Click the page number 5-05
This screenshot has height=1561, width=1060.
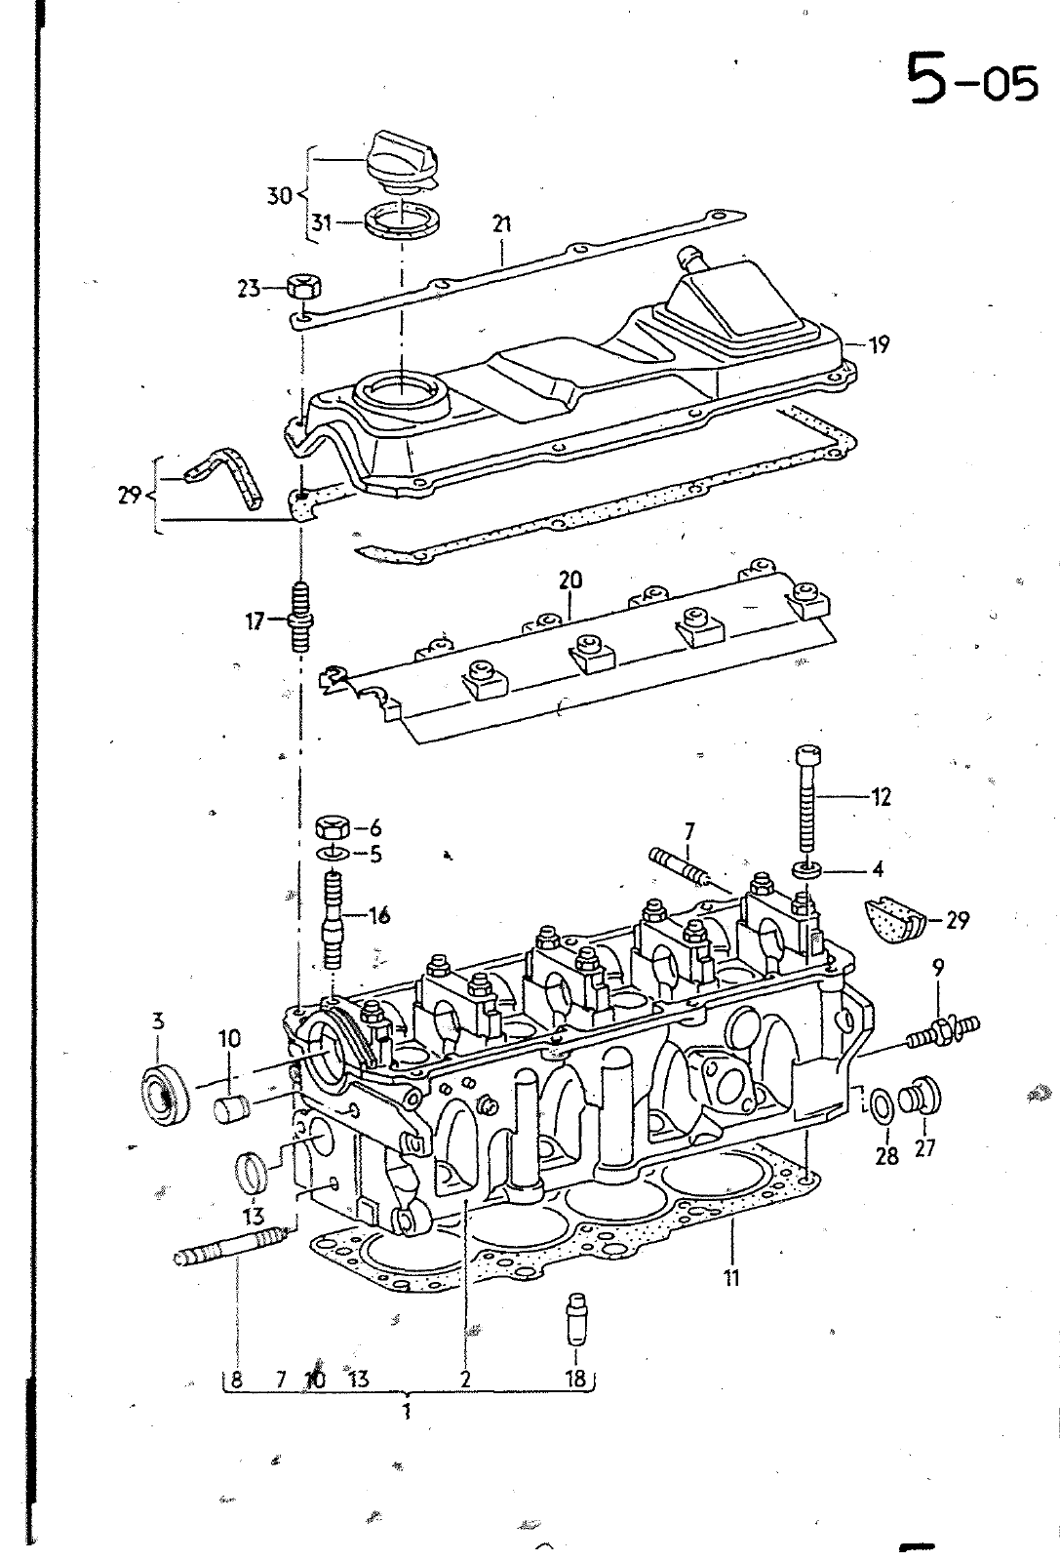(971, 81)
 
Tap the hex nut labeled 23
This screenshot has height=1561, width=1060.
(305, 287)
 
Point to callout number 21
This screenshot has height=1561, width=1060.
(501, 224)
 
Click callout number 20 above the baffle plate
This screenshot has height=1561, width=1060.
(569, 580)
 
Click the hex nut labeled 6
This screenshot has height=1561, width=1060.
(333, 829)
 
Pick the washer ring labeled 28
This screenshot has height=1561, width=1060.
(881, 1106)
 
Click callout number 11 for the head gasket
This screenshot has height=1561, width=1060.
(731, 1276)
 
